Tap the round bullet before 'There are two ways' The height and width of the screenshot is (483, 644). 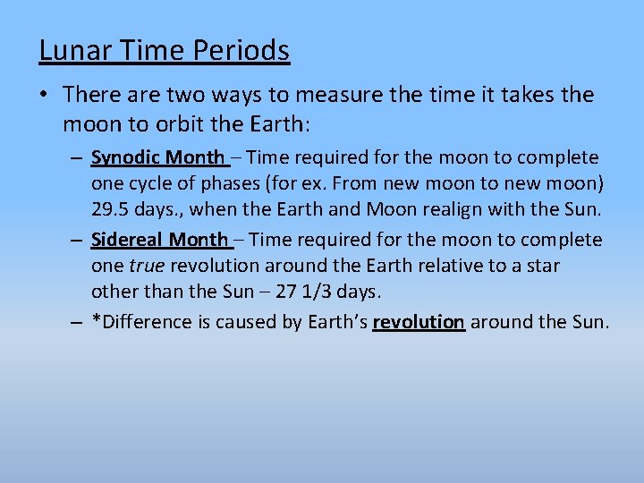46,95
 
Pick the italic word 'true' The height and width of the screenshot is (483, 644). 147,265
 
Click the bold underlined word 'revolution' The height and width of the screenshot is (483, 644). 419,322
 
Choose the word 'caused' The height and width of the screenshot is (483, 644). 247,322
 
